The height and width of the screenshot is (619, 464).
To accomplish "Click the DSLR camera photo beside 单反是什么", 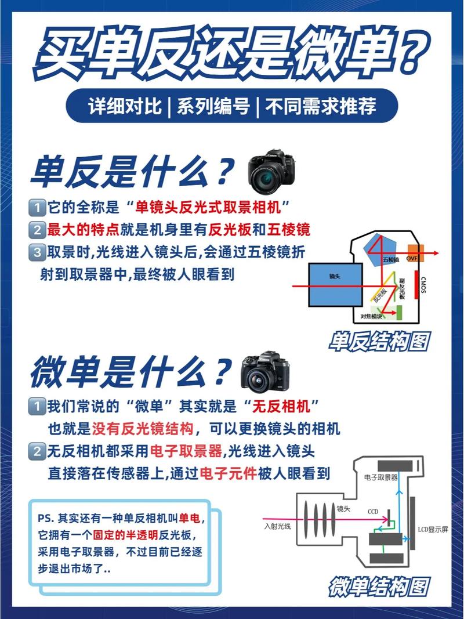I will point(271,171).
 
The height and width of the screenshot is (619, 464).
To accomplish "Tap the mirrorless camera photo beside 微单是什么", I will point(264,372).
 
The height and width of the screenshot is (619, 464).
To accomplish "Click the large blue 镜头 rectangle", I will point(336,284).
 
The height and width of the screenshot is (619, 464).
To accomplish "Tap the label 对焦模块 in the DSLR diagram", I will point(371,316).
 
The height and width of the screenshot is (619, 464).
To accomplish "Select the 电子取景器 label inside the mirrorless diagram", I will point(381,477).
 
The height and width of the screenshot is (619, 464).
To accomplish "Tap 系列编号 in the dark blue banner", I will point(214,106).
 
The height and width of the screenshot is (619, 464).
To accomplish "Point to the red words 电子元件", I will point(228,474).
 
